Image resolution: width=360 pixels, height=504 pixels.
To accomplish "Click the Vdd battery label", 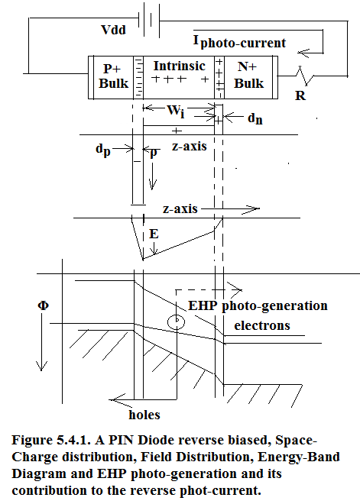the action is point(113,30).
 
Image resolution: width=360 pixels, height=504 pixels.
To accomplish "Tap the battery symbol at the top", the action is point(149,20).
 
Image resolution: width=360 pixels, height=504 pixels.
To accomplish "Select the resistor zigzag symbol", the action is point(304,76).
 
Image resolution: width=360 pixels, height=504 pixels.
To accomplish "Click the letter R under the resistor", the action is point(300,95).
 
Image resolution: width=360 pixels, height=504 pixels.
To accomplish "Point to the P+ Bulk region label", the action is point(113,76).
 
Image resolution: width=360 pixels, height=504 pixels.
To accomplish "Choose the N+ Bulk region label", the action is point(248,75).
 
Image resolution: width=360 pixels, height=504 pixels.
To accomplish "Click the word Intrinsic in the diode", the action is point(179,66).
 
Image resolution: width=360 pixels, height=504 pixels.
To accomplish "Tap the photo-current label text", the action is point(240,42).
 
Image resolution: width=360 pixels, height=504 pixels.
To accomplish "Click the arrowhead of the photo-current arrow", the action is point(303,53).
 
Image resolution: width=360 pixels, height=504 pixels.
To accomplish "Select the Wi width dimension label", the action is point(176,111).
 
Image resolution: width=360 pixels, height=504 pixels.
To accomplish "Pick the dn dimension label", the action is point(255,118).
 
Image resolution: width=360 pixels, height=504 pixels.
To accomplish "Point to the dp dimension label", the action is point(103,150).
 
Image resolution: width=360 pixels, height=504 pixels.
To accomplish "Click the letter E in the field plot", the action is point(154,234).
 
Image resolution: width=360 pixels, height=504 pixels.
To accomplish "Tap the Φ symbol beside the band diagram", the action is point(44,305).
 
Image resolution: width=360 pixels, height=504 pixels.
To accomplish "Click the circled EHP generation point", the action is point(177,321).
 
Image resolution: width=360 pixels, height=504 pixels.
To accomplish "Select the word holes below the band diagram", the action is point(144,415).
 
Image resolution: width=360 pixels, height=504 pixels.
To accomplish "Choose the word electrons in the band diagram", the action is point(262,325).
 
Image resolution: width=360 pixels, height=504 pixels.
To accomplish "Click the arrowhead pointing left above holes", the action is point(117,399).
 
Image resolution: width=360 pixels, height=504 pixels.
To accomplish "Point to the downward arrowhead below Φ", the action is point(41,366).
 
